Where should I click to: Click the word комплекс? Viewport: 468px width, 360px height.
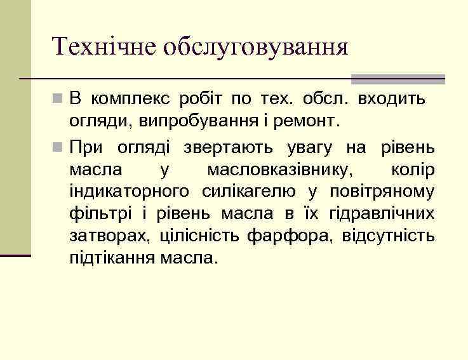point(130,98)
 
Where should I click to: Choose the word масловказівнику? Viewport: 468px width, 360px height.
point(279,170)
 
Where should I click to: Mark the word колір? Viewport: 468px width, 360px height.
point(413,170)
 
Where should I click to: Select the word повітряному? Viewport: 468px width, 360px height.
point(382,191)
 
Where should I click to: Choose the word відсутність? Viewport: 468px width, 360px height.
point(389,236)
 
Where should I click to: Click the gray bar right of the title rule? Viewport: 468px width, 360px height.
point(398,79)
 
